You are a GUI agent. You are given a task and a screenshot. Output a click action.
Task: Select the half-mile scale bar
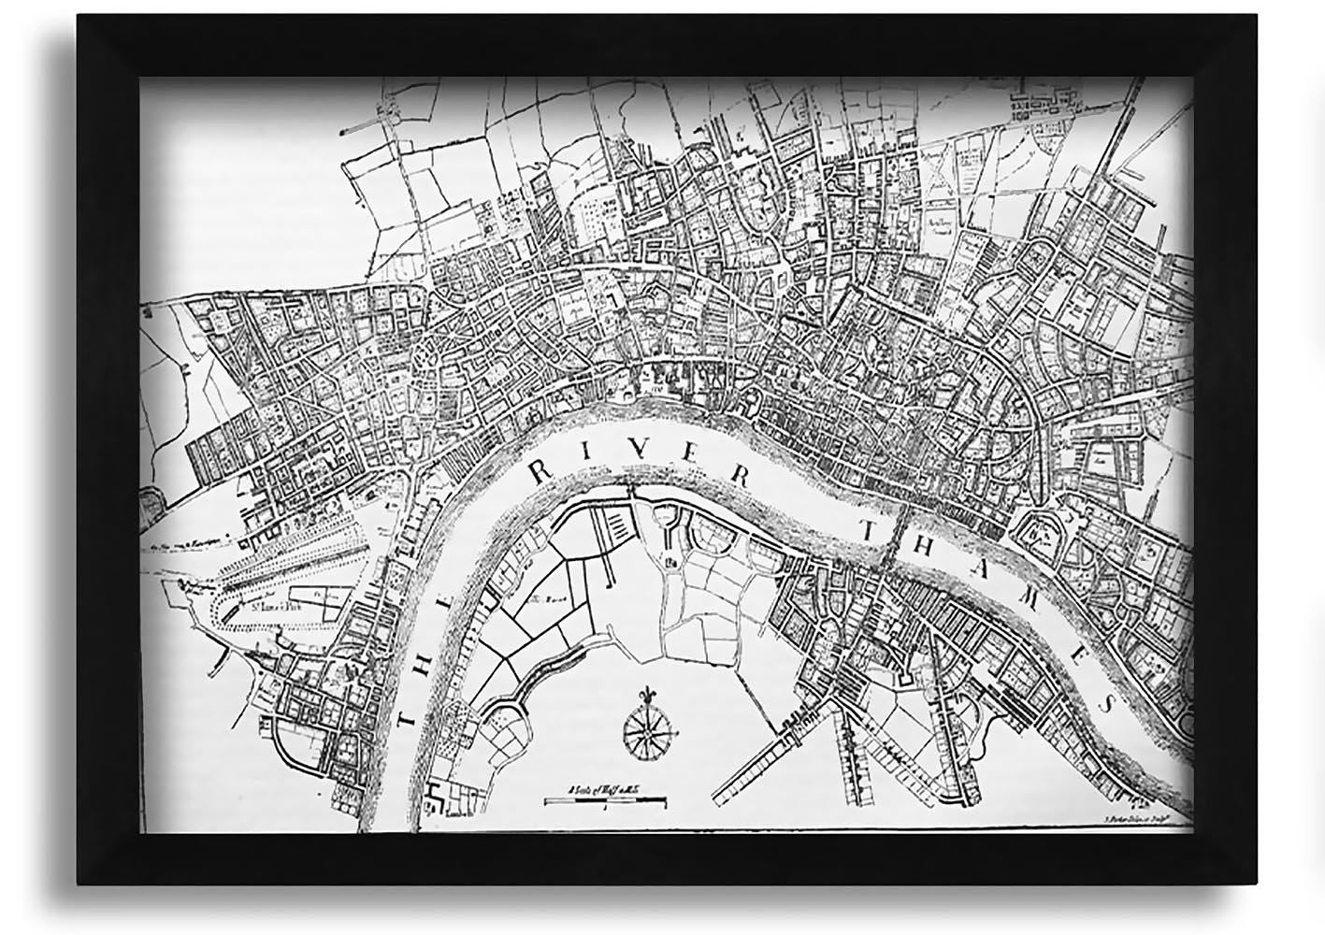click(x=605, y=801)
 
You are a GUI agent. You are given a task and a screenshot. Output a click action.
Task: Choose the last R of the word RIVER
click(x=744, y=475)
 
